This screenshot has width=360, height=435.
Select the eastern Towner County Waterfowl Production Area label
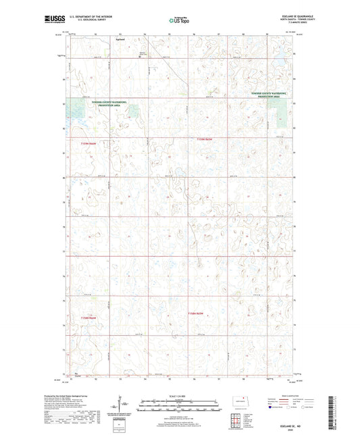tap(272, 96)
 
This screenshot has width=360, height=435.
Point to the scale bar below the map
tap(180, 405)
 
